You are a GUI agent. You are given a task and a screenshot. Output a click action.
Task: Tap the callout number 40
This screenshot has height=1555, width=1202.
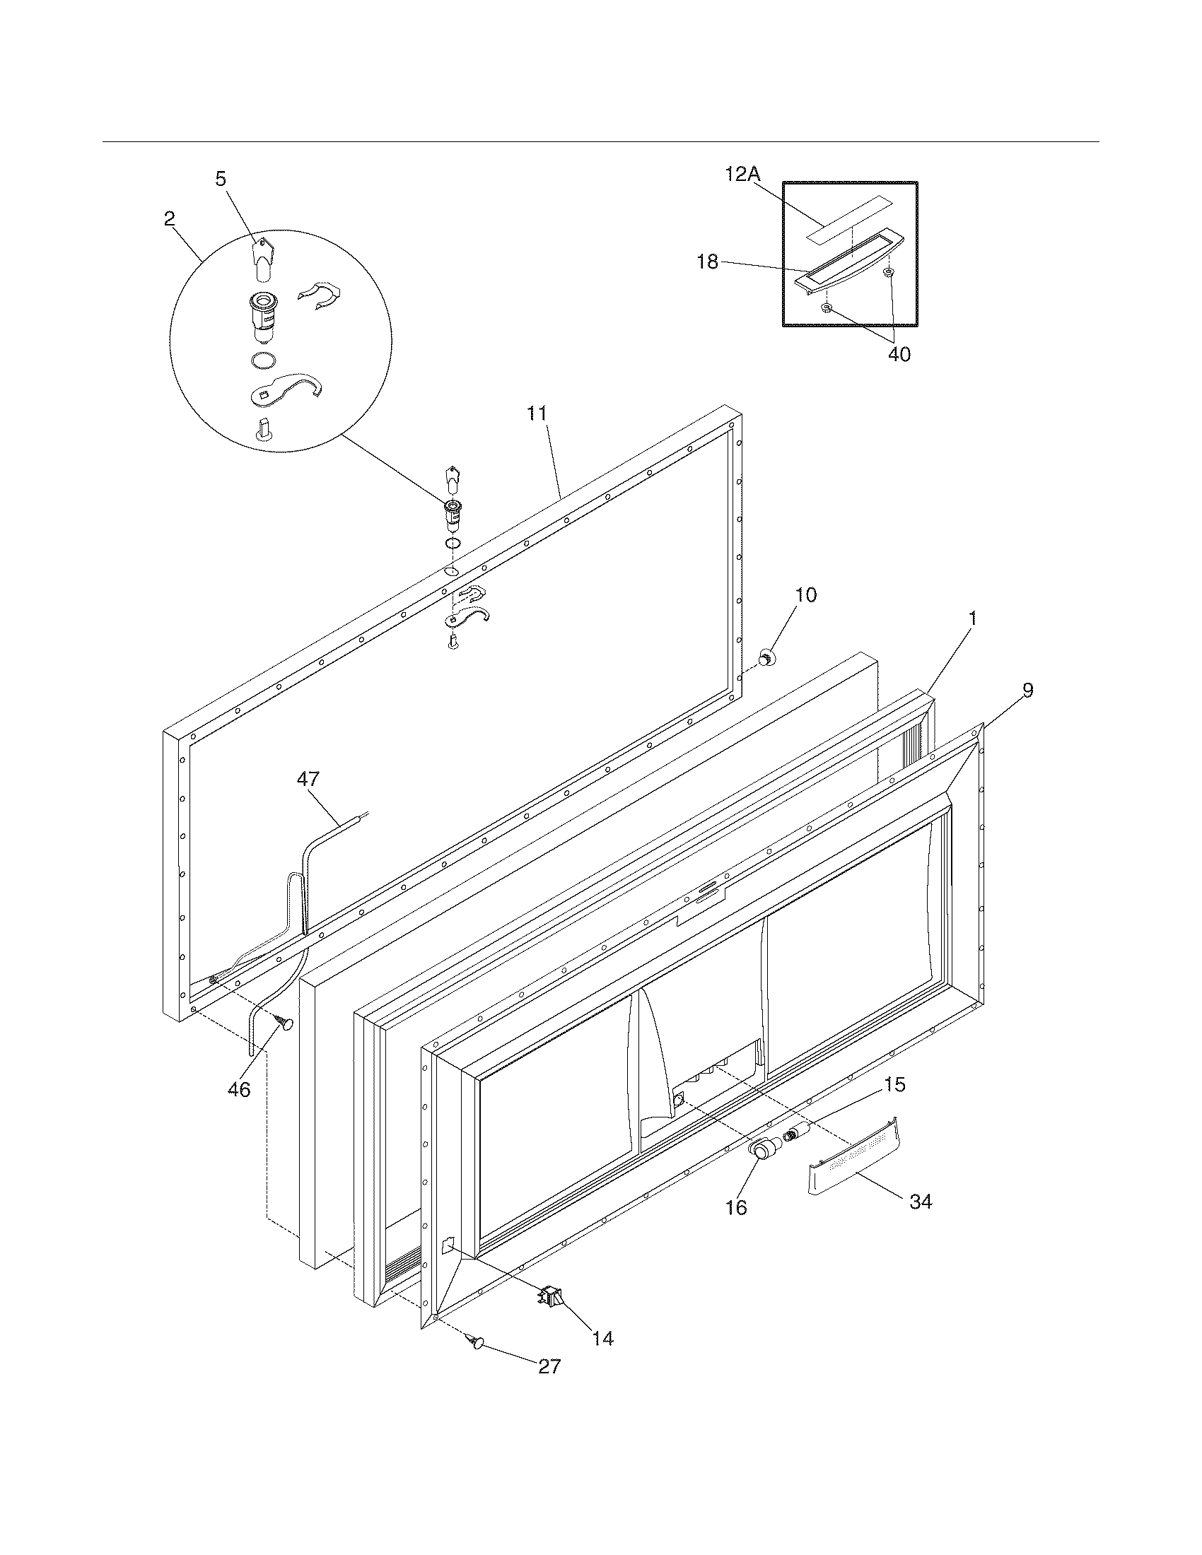[x=899, y=354]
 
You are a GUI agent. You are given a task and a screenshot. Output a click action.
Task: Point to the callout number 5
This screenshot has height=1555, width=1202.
[x=221, y=179]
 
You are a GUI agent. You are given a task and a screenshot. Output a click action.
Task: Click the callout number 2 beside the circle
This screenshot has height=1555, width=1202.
[x=169, y=218]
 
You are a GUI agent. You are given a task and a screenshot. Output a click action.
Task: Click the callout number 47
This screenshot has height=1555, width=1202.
[x=308, y=779]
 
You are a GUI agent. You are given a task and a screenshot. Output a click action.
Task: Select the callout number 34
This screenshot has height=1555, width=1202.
[x=921, y=1202]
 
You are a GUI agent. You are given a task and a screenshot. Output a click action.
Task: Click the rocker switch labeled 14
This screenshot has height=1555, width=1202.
[x=554, y=1297]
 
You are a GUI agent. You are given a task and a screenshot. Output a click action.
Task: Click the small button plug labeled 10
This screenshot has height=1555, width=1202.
[x=767, y=659]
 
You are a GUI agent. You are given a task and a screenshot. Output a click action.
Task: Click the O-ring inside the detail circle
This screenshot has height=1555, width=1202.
[x=263, y=361]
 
